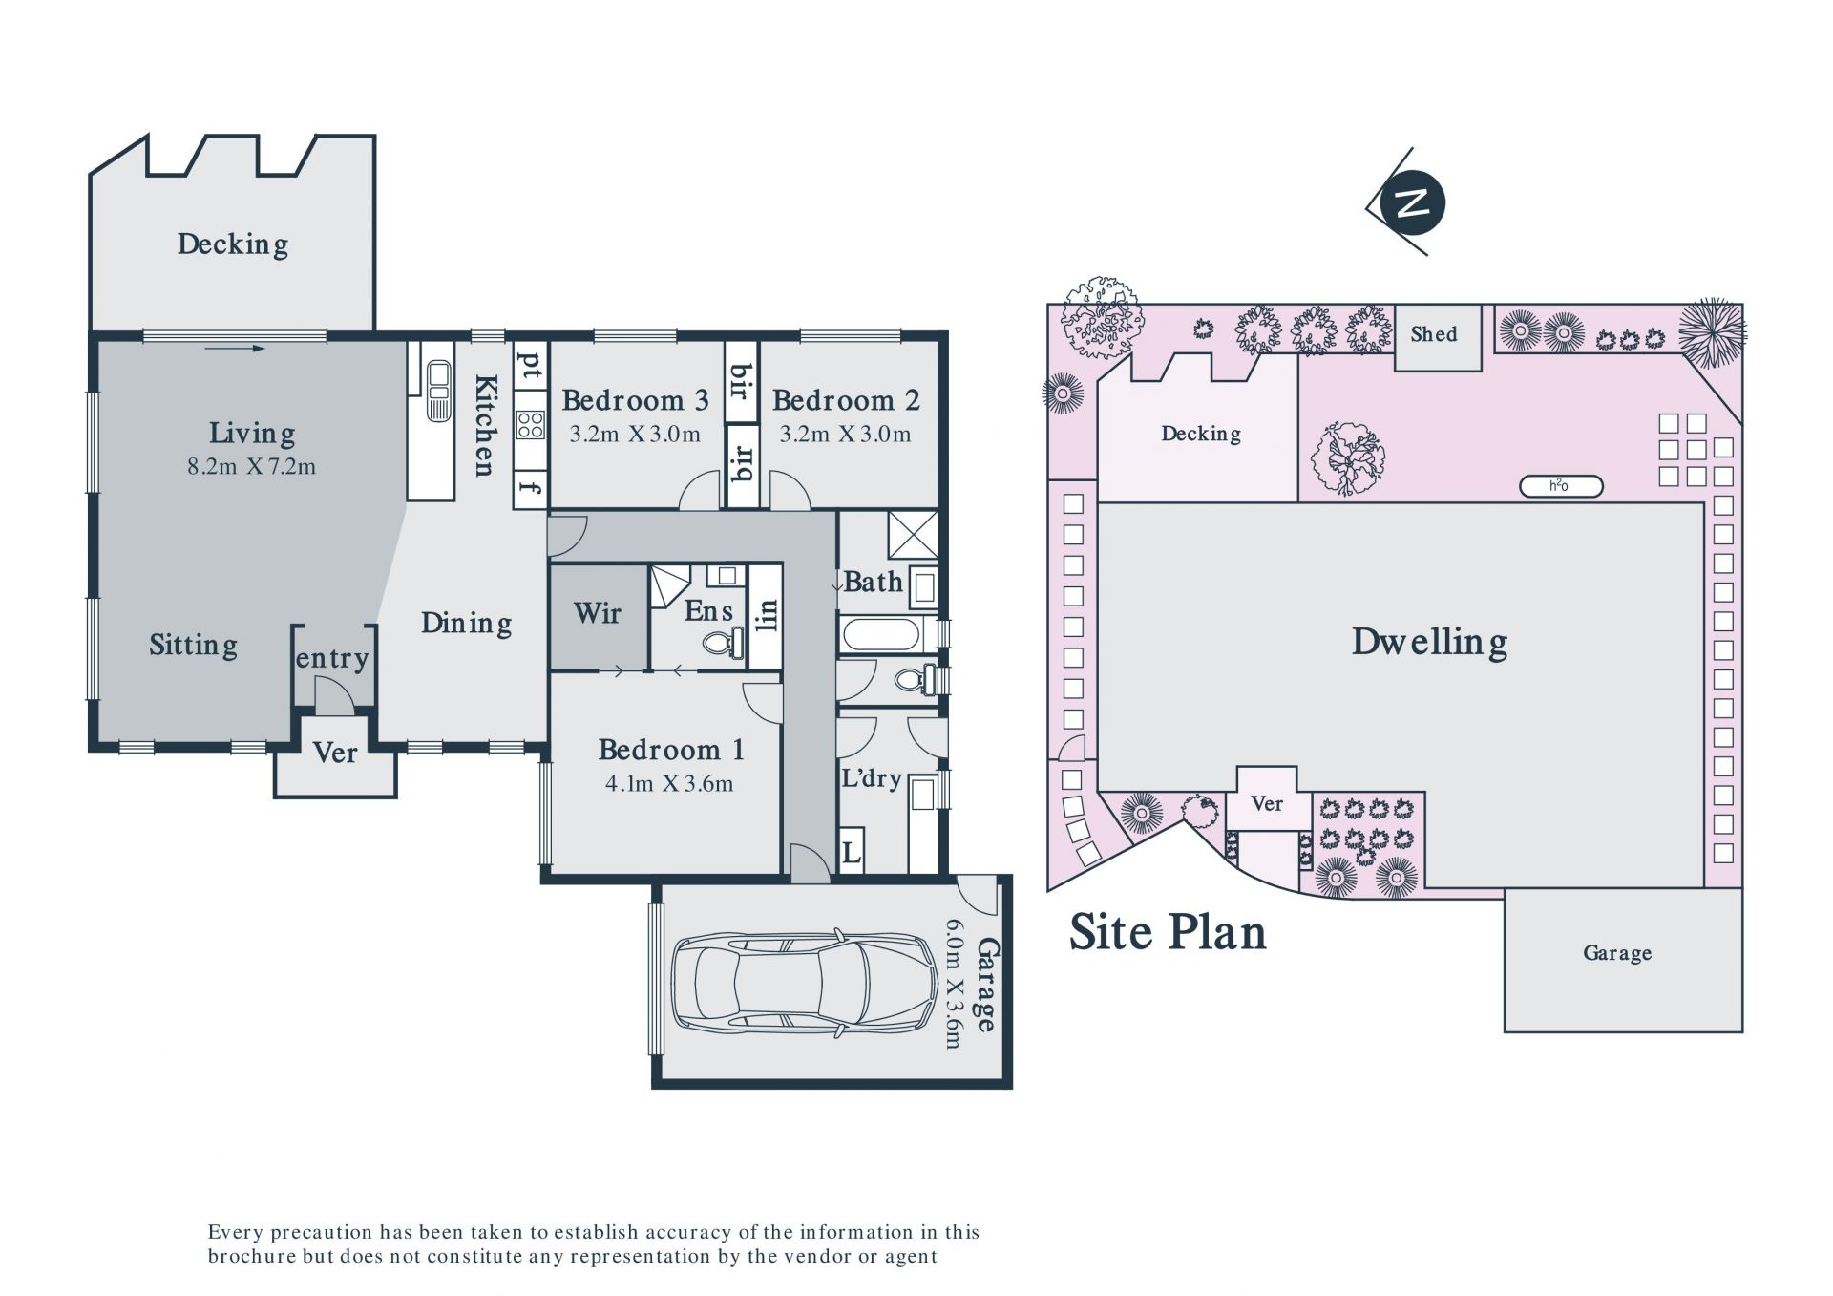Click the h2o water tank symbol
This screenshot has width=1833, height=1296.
pos(1560,486)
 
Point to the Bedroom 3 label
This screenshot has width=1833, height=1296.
pos(635,400)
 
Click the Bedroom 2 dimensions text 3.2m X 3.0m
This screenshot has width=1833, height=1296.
pos(845,435)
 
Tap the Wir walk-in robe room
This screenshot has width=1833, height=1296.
pos(599,616)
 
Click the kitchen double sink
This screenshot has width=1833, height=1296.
pos(438,391)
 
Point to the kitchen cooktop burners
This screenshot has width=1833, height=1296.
pos(530,424)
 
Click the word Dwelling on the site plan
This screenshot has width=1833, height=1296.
pos(1429,642)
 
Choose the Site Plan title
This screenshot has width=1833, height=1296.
pos(1168,933)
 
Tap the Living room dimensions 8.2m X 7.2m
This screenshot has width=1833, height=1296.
pos(252,467)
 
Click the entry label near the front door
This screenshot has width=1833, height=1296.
pos(332,659)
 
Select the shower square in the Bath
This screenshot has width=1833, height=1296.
pos(913,535)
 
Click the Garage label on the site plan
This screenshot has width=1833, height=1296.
pos(1617,953)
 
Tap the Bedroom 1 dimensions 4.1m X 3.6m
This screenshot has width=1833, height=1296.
pos(669,784)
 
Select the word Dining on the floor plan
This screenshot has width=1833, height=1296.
pos(466,625)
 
